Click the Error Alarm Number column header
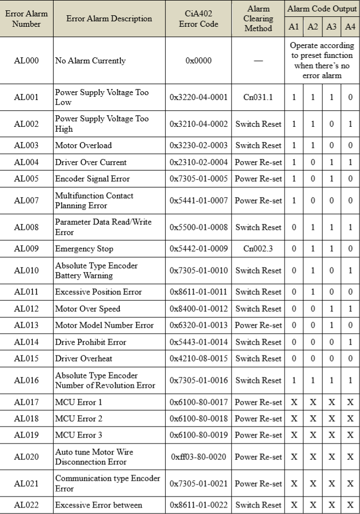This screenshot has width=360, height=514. tap(26, 19)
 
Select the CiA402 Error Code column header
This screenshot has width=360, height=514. tap(198, 19)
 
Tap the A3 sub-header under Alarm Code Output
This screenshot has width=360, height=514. tap(331, 26)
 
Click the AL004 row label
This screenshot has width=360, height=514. tap(26, 162)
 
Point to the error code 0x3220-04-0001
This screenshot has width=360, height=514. tap(198, 97)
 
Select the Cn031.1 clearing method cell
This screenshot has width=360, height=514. tap(258, 97)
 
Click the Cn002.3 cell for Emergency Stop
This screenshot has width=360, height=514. tap(258, 249)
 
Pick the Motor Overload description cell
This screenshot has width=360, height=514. tap(83, 145)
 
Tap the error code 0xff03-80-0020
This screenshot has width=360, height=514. tap(198, 457)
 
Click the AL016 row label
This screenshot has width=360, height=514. tap(26, 381)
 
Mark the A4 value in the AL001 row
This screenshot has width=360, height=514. tap(350, 97)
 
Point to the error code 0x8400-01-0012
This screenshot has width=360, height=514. tap(198, 309)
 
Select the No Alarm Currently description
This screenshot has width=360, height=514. tap(90, 61)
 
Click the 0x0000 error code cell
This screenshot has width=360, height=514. tap(198, 61)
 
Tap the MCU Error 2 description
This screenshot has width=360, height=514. tap(79, 419)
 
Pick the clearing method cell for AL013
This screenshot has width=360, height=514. tap(258, 325)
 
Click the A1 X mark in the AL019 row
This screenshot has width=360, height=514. tap(294, 435)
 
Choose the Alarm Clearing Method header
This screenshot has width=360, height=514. tap(258, 19)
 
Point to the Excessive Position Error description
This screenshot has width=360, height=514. tap(98, 292)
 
